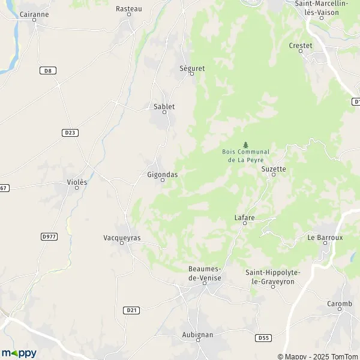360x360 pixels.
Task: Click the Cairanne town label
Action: click(x=34, y=13)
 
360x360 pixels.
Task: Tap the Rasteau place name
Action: click(x=128, y=9)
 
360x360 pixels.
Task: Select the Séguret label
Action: click(x=192, y=68)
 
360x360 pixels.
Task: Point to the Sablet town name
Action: click(x=164, y=107)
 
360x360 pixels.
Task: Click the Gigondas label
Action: click(x=162, y=174)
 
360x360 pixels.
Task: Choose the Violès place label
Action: click(x=77, y=182)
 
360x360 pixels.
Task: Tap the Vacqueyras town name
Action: click(x=122, y=238)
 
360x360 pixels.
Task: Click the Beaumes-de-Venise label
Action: click(x=205, y=275)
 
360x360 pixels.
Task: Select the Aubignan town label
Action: click(x=197, y=334)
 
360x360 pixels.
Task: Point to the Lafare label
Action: click(x=245, y=218)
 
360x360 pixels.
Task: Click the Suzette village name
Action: click(x=274, y=169)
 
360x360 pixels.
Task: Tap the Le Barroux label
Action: click(x=325, y=238)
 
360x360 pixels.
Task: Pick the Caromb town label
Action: click(x=340, y=304)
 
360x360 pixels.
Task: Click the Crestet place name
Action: click(x=301, y=46)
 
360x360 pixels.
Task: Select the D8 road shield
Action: click(x=47, y=71)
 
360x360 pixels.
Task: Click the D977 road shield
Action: click(x=49, y=237)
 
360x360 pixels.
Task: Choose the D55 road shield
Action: click(x=262, y=338)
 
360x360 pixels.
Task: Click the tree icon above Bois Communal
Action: click(x=245, y=145)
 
